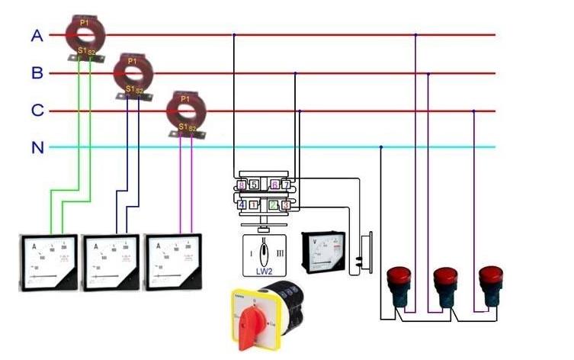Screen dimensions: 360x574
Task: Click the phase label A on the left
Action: coord(36,35)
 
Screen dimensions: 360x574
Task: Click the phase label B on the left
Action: coord(37,73)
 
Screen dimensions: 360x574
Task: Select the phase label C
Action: coord(37,111)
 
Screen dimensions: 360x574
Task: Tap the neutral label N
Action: coord(37,147)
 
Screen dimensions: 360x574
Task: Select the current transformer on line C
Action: coord(186,111)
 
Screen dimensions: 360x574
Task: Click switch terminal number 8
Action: coord(242,185)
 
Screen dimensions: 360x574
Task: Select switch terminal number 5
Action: coord(254,185)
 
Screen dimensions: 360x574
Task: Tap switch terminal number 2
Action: coord(274,204)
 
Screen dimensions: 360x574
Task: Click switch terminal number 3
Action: coord(285,204)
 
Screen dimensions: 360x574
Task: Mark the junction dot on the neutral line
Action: coord(380,147)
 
